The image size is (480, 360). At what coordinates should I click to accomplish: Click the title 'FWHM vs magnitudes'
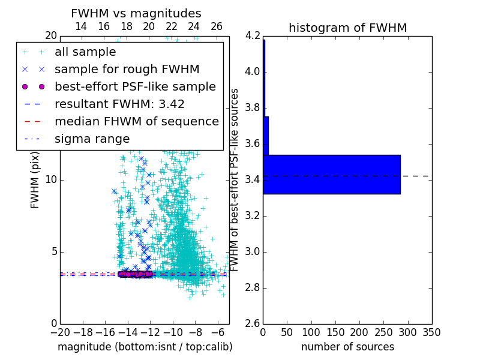click(136, 13)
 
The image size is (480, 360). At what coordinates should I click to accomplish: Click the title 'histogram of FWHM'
click(347, 28)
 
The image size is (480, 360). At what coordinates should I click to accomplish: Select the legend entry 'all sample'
click(85, 52)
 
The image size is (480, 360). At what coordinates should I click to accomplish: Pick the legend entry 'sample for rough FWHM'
click(127, 69)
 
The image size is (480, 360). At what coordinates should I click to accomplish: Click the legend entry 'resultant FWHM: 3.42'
click(119, 104)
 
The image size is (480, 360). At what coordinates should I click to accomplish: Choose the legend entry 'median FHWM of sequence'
click(137, 121)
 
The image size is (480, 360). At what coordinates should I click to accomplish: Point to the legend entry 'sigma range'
click(92, 139)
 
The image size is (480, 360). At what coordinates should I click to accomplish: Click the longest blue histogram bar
click(331, 174)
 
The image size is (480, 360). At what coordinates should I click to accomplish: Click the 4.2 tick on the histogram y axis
click(252, 35)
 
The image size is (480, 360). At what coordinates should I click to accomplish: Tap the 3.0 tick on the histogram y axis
click(252, 251)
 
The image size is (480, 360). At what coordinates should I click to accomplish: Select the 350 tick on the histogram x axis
click(431, 332)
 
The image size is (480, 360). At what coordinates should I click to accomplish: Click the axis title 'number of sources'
click(347, 347)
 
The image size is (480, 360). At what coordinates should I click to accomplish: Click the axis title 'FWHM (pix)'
click(35, 179)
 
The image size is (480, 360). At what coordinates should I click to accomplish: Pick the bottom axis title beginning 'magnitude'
click(145, 347)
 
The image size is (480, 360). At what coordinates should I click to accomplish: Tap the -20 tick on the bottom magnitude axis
click(60, 332)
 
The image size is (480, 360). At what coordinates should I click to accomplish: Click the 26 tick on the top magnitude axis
click(217, 26)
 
